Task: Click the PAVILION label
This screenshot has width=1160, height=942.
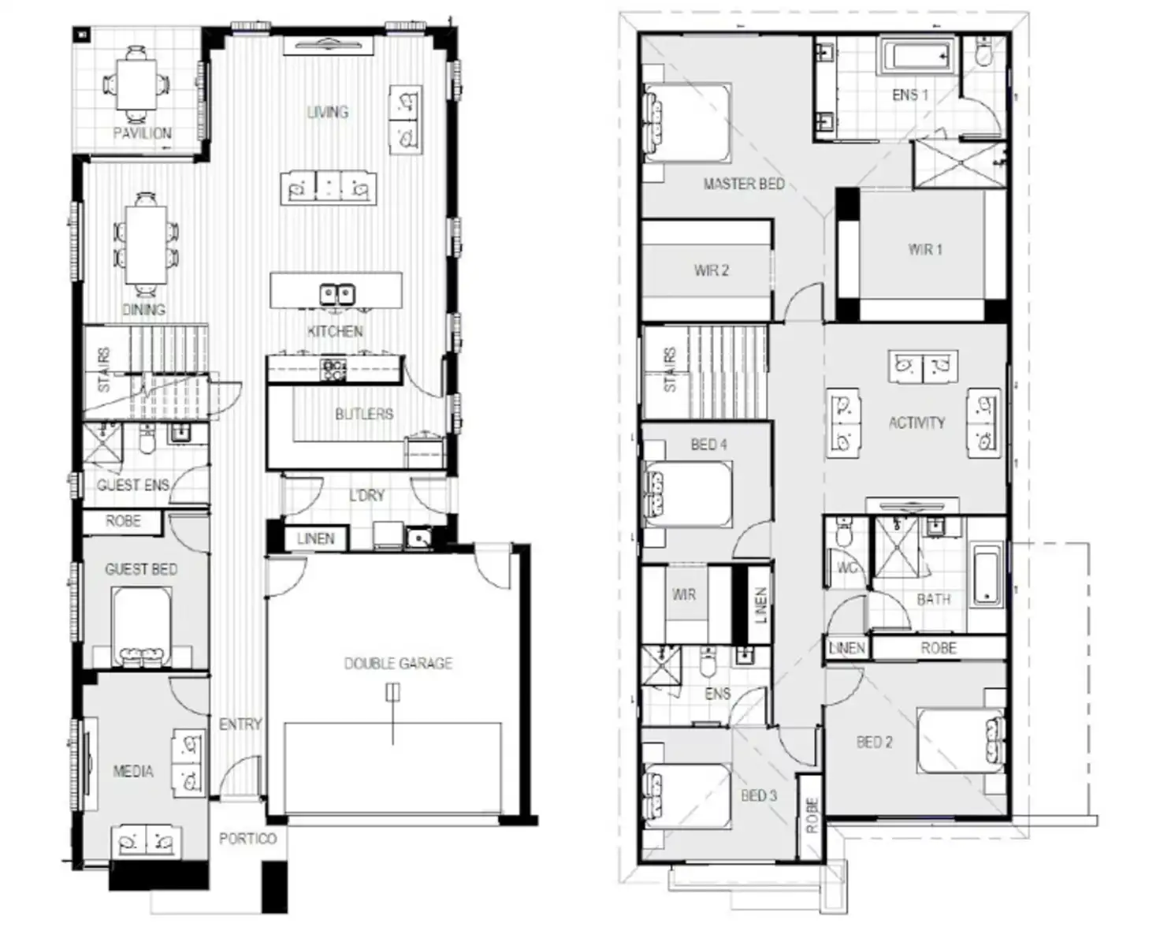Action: [142, 133]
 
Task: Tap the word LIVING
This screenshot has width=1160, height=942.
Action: [327, 112]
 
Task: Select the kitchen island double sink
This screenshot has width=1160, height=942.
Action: [336, 294]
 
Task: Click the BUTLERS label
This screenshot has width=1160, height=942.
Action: [363, 414]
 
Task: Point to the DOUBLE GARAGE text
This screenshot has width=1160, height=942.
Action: [398, 664]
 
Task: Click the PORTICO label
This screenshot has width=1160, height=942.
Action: [247, 839]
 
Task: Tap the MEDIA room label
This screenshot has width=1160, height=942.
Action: [133, 771]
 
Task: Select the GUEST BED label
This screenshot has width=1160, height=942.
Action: [141, 569]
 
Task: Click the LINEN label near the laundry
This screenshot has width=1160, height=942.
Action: [315, 538]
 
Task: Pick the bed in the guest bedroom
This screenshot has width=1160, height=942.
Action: [142, 627]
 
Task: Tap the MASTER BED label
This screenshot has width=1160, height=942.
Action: [743, 184]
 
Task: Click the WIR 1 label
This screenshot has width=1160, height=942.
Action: [924, 250]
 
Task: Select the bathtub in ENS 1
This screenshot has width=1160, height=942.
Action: [917, 57]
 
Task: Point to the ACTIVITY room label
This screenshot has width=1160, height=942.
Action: [916, 423]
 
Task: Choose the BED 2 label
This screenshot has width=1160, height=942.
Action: [874, 742]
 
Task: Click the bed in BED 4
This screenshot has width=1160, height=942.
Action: [688, 494]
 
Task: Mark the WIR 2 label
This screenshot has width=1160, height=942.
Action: [711, 270]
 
